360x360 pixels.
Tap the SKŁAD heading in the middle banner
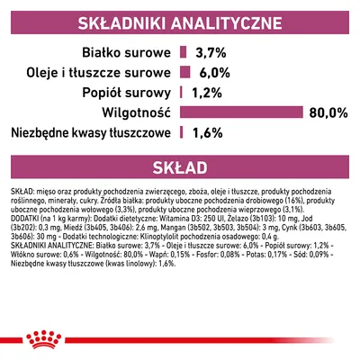click(x=180, y=167)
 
